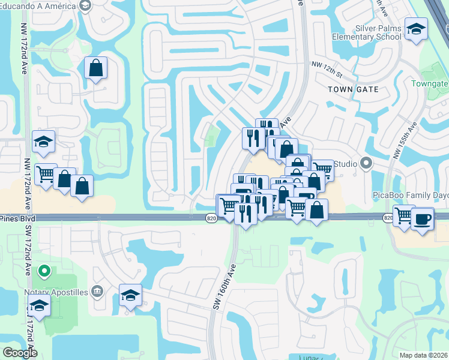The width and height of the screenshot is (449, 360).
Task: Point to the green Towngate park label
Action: pyautogui.click(x=430, y=83)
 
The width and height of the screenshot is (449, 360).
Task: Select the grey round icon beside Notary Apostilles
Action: pyautogui.click(x=98, y=292)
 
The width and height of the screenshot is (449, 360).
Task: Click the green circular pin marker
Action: pyautogui.click(x=43, y=272)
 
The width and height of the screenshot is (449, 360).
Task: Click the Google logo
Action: pyautogui.click(x=20, y=352)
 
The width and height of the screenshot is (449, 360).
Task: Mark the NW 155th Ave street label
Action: pyautogui.click(x=404, y=142)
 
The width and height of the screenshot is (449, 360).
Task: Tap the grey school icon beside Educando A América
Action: pyautogui.click(x=85, y=5)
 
